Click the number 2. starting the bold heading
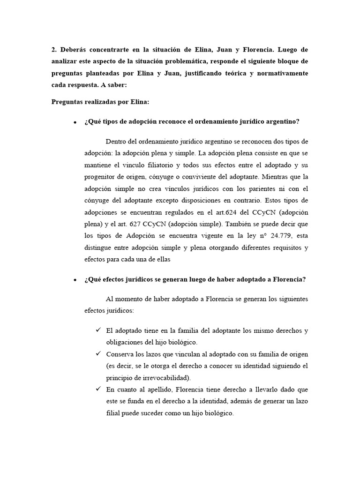[54, 49]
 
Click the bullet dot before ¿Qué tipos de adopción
[75, 122]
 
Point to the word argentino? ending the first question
[283, 121]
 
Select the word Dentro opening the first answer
[117, 141]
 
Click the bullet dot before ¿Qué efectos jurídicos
[75, 280]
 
